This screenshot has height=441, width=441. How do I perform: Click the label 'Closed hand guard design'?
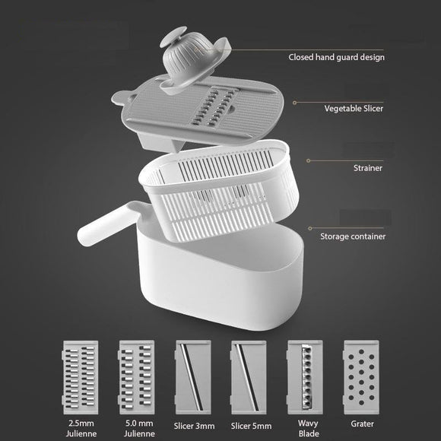(336, 57)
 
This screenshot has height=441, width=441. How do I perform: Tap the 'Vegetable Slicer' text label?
(354, 109)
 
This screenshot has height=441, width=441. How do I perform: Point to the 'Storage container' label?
(353, 236)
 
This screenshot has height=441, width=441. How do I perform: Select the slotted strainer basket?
(220, 190)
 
